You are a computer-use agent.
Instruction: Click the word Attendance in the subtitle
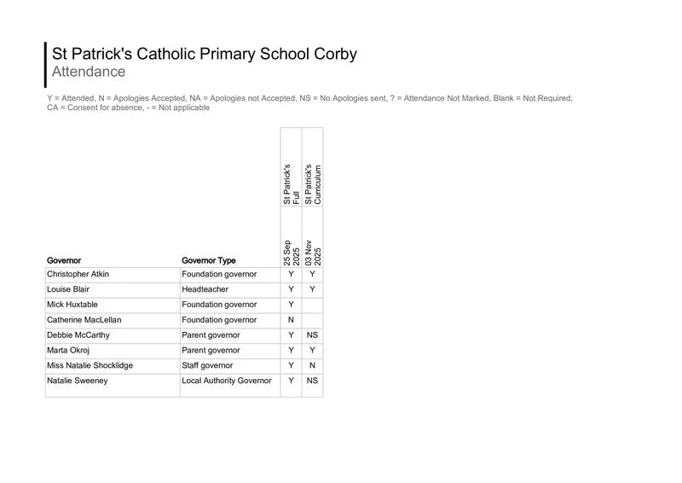pyautogui.click(x=89, y=72)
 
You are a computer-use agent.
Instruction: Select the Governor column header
pyautogui.click(x=64, y=260)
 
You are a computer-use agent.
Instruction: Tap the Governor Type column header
pyautogui.click(x=209, y=260)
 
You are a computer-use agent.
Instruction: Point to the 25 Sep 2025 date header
pyautogui.click(x=291, y=253)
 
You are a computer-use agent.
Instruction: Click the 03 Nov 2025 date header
pyautogui.click(x=313, y=253)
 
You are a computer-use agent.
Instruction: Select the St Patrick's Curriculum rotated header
pyautogui.click(x=313, y=183)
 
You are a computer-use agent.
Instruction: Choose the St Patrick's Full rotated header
pyautogui.click(x=291, y=183)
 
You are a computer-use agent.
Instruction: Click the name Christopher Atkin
pyautogui.click(x=78, y=275)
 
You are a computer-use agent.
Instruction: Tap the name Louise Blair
pyautogui.click(x=67, y=290)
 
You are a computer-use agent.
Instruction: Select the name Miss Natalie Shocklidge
pyautogui.click(x=90, y=366)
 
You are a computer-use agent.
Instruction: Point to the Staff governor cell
pyautogui.click(x=207, y=366)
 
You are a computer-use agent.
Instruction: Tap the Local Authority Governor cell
pyautogui.click(x=227, y=381)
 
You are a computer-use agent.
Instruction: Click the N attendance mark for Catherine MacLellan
pyautogui.click(x=291, y=320)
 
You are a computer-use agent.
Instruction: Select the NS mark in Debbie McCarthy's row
pyautogui.click(x=313, y=335)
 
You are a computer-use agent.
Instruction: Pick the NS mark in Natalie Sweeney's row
pyautogui.click(x=313, y=381)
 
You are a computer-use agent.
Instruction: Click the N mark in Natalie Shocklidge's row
pyautogui.click(x=313, y=366)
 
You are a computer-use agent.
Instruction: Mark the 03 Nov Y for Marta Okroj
pyautogui.click(x=313, y=351)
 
